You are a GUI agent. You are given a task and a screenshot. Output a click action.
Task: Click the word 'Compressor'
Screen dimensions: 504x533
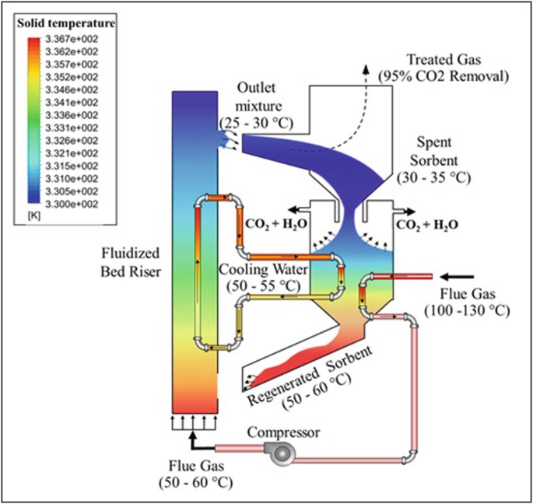[283, 432]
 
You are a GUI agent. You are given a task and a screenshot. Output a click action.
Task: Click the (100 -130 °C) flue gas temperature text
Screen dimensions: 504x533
[466, 311]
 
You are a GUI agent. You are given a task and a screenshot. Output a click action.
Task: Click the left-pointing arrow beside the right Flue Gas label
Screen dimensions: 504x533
[459, 275]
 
